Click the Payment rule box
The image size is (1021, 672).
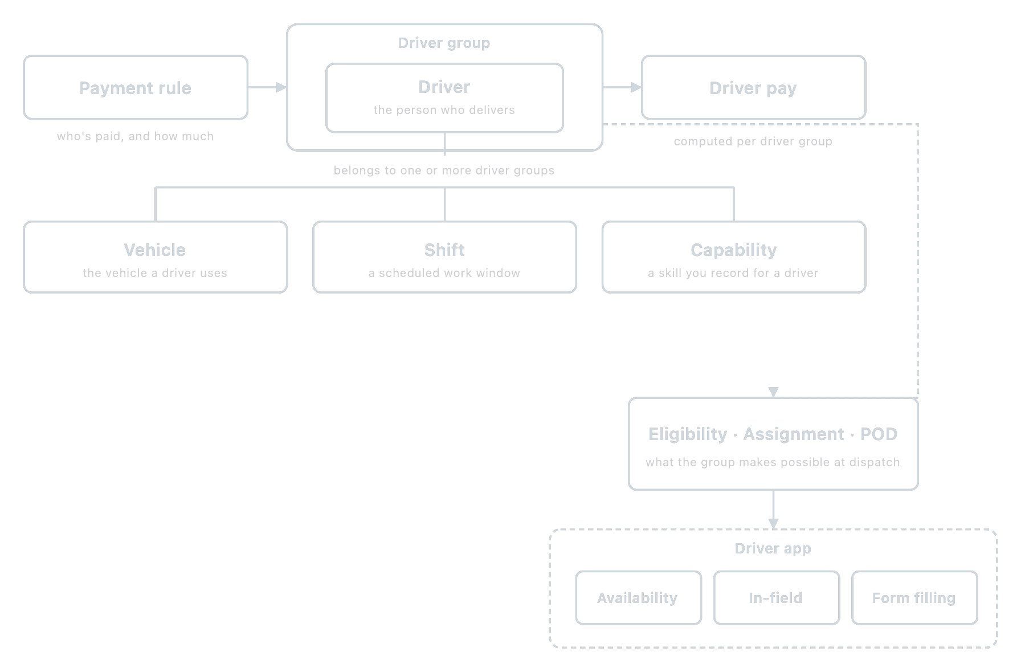(x=136, y=87)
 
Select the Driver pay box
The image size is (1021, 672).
(x=753, y=87)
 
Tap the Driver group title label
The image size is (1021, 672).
(x=444, y=43)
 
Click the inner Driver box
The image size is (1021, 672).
(x=444, y=97)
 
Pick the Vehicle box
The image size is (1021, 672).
(x=155, y=257)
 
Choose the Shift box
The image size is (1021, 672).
(x=444, y=257)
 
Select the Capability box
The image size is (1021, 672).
(x=734, y=257)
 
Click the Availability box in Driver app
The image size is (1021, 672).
(x=638, y=598)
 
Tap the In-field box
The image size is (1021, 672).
(x=776, y=598)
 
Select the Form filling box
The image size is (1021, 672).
(x=914, y=598)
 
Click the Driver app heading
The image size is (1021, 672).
(x=773, y=548)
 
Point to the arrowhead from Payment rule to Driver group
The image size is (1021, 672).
(x=281, y=87)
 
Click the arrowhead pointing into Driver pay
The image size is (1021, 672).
(x=636, y=87)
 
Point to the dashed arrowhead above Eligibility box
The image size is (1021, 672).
(x=773, y=392)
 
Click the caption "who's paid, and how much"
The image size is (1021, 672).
(x=135, y=136)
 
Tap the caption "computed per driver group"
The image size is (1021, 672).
(x=753, y=141)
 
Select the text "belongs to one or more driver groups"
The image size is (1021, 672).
(x=444, y=170)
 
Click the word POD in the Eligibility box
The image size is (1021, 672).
(x=879, y=434)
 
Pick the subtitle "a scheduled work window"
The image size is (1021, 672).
(x=444, y=273)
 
